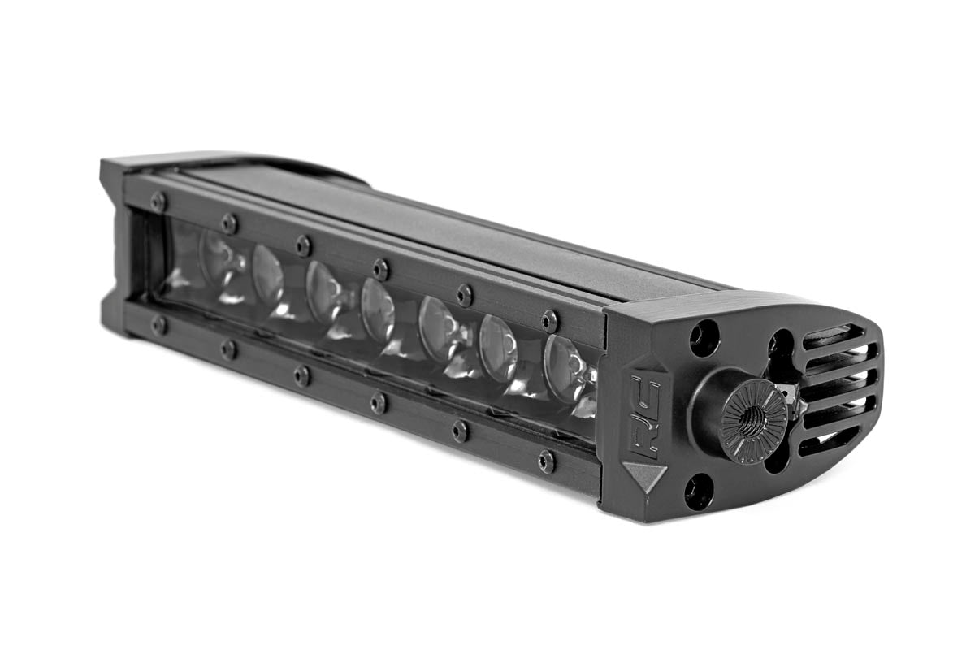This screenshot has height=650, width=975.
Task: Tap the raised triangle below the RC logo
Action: click(x=644, y=475)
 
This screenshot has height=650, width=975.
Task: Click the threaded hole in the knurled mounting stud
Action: click(x=753, y=422)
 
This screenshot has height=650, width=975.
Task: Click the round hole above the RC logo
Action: click(x=704, y=337)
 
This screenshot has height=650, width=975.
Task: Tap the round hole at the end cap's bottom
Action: click(x=698, y=492)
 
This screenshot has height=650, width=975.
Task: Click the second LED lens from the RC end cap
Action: click(x=498, y=348)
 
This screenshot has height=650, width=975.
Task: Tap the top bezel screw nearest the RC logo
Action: click(x=549, y=320)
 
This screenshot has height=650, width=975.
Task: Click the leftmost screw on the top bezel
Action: click(x=158, y=201)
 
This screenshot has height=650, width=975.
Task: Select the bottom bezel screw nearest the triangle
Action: click(x=546, y=461)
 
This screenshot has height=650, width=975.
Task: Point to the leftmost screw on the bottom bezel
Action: click(x=158, y=325)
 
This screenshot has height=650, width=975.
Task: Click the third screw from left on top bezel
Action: click(x=303, y=245)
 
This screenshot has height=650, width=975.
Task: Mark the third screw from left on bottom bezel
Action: click(x=302, y=375)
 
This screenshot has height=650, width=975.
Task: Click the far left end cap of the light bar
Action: click(x=114, y=244)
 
